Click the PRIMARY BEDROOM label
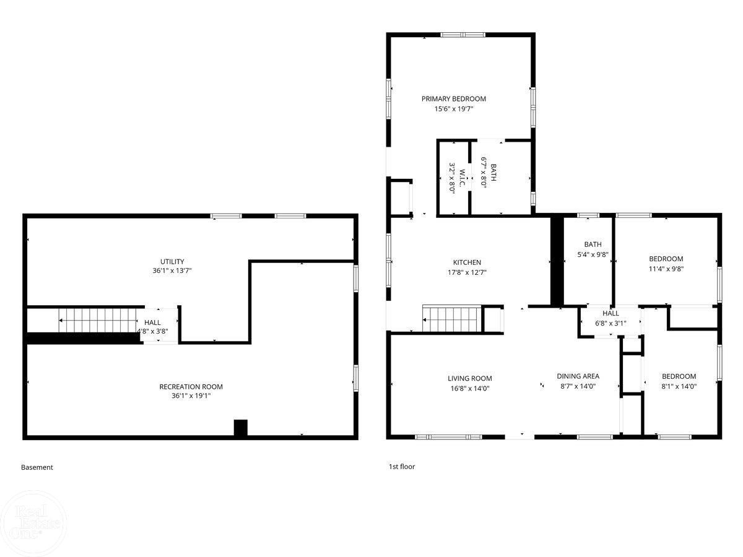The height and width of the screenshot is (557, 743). pyautogui.click(x=454, y=99)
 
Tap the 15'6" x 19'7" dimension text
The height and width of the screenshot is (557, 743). pyautogui.click(x=454, y=109)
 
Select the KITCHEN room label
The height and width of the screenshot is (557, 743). pyautogui.click(x=467, y=262)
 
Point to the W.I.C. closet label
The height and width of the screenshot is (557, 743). pyautogui.click(x=462, y=178)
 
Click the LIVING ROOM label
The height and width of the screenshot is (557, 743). pyautogui.click(x=470, y=378)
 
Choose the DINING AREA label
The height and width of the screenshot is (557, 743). pyautogui.click(x=578, y=376)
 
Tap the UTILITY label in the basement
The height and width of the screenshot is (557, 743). pyautogui.click(x=172, y=261)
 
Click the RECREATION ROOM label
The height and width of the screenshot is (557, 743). pyautogui.click(x=191, y=387)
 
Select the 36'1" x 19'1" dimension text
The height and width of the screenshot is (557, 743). pyautogui.click(x=191, y=395)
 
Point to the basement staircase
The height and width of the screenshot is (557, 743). pyautogui.click(x=97, y=320)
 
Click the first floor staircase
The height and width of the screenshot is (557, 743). pyautogui.click(x=451, y=319)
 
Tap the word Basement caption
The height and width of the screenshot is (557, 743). pyautogui.click(x=37, y=467)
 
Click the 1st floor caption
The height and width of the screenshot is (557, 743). pyautogui.click(x=402, y=467)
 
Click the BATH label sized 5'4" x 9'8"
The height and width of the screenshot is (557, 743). pyautogui.click(x=593, y=244)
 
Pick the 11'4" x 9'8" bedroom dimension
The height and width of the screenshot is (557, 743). pyautogui.click(x=666, y=269)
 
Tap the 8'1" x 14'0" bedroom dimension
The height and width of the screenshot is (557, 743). pyautogui.click(x=679, y=386)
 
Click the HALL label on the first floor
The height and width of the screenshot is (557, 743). pyautogui.click(x=610, y=313)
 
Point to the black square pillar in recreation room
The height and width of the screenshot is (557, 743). pyautogui.click(x=241, y=428)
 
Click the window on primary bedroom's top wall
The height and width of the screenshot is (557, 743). pyautogui.click(x=463, y=35)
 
